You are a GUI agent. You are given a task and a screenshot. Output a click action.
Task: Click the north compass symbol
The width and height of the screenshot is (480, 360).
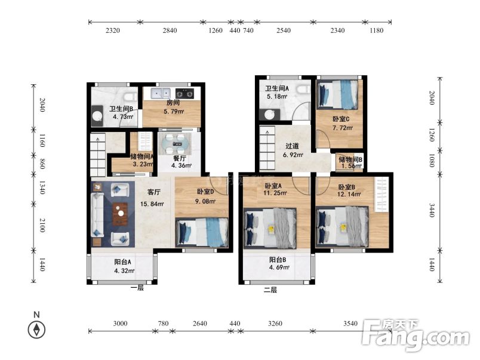click(x=36, y=329)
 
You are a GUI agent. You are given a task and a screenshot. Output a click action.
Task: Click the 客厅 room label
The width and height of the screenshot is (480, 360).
click(x=154, y=192)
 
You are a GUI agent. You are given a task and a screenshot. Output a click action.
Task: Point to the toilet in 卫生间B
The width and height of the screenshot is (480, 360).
click(x=128, y=97)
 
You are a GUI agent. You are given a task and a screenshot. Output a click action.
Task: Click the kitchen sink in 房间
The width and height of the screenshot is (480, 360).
click(x=161, y=93)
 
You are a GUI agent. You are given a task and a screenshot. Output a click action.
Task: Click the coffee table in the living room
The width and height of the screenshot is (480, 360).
click(x=121, y=212)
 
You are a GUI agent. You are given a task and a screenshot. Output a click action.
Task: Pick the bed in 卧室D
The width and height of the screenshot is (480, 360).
click(x=203, y=231)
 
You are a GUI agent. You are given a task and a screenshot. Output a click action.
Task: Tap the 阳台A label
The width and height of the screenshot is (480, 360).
click(x=124, y=261)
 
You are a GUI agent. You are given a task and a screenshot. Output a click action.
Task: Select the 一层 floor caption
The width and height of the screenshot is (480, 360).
click(x=137, y=288)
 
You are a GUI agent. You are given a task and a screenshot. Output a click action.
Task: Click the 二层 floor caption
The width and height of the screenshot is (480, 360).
click(x=270, y=290)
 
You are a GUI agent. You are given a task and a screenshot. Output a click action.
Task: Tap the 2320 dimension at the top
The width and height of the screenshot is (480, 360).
click(x=113, y=30)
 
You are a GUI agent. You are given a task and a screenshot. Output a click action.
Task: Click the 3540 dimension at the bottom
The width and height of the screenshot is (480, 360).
click(x=350, y=324)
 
